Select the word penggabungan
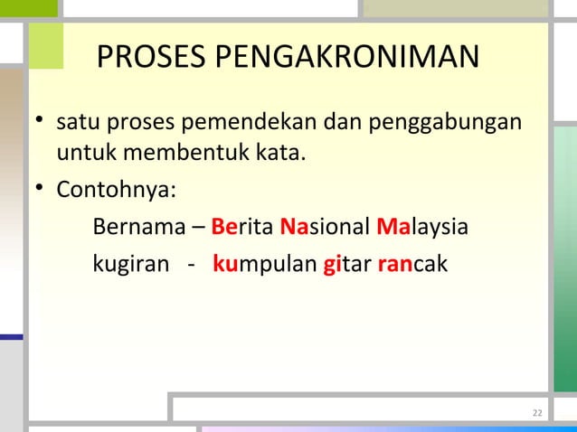pos(457,121)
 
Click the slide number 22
pos(536,414)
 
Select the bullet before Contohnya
pos(39,192)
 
